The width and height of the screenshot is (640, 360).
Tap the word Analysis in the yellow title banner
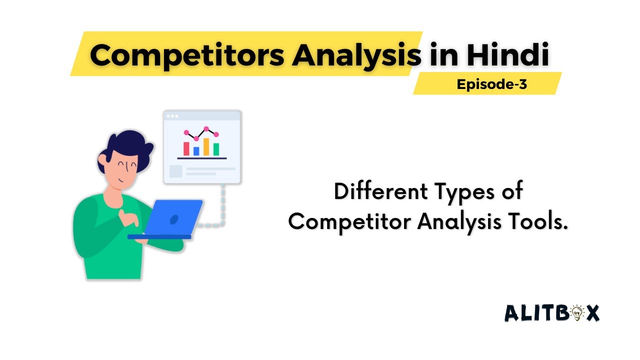pos(356,56)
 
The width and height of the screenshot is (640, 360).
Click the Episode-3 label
pos(491,84)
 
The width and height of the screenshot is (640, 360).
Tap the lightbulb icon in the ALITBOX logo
pos(576,313)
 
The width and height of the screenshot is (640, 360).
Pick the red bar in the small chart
pos(186,148)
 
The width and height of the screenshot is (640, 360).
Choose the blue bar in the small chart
pos(196,150)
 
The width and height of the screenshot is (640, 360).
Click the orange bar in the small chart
pos(206,146)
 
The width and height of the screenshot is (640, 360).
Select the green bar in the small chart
pos(216,149)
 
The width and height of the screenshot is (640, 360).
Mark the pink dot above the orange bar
pos(206,129)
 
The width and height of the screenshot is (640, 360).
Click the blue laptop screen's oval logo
pos(174,219)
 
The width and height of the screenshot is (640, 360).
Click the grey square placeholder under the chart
pos(176,171)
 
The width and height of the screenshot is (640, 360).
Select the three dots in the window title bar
pos(172,116)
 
